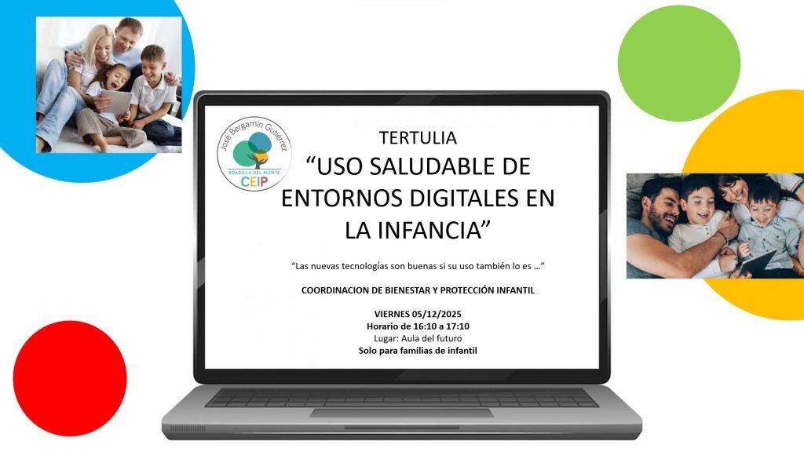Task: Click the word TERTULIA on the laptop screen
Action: pyautogui.click(x=418, y=138)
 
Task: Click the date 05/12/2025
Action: pyautogui.click(x=437, y=314)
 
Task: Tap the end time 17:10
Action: pyautogui.click(x=458, y=326)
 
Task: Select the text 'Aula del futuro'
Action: pyautogui.click(x=431, y=339)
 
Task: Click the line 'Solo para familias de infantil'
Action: pyautogui.click(x=418, y=351)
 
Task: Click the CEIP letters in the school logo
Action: pyautogui.click(x=254, y=182)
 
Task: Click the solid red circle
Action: pyautogui.click(x=70, y=378)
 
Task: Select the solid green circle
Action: pyautogui.click(x=679, y=64)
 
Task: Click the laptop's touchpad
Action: pyautogui.click(x=401, y=413)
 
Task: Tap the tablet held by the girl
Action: pyautogui.click(x=115, y=101)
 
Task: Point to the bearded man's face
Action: pyautogui.click(x=661, y=206)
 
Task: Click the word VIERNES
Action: pyautogui.click(x=392, y=314)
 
